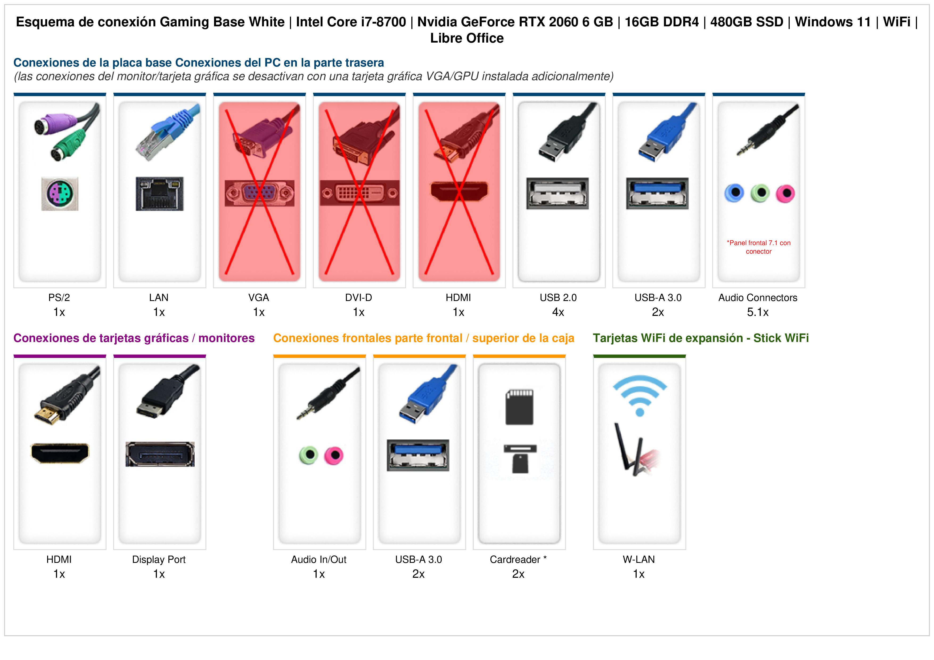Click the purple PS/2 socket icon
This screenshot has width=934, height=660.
coord(60,193)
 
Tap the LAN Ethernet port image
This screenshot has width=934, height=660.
coord(159,193)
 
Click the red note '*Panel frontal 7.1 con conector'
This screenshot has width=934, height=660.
coord(759,247)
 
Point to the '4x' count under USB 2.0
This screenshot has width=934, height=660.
coord(558,312)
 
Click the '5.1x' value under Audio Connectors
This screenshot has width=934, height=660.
coord(758,312)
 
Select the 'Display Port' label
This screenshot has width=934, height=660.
coord(159,560)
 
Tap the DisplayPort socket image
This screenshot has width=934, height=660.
coord(160,454)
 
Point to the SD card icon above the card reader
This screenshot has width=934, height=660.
coord(519,407)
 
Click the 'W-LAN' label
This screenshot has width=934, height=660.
coord(639,560)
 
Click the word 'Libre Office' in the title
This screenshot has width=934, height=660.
coord(467,38)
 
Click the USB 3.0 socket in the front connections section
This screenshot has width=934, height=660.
coord(418,455)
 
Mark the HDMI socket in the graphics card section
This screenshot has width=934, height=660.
coord(60,453)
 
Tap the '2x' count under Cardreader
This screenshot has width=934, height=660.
coord(518,574)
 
